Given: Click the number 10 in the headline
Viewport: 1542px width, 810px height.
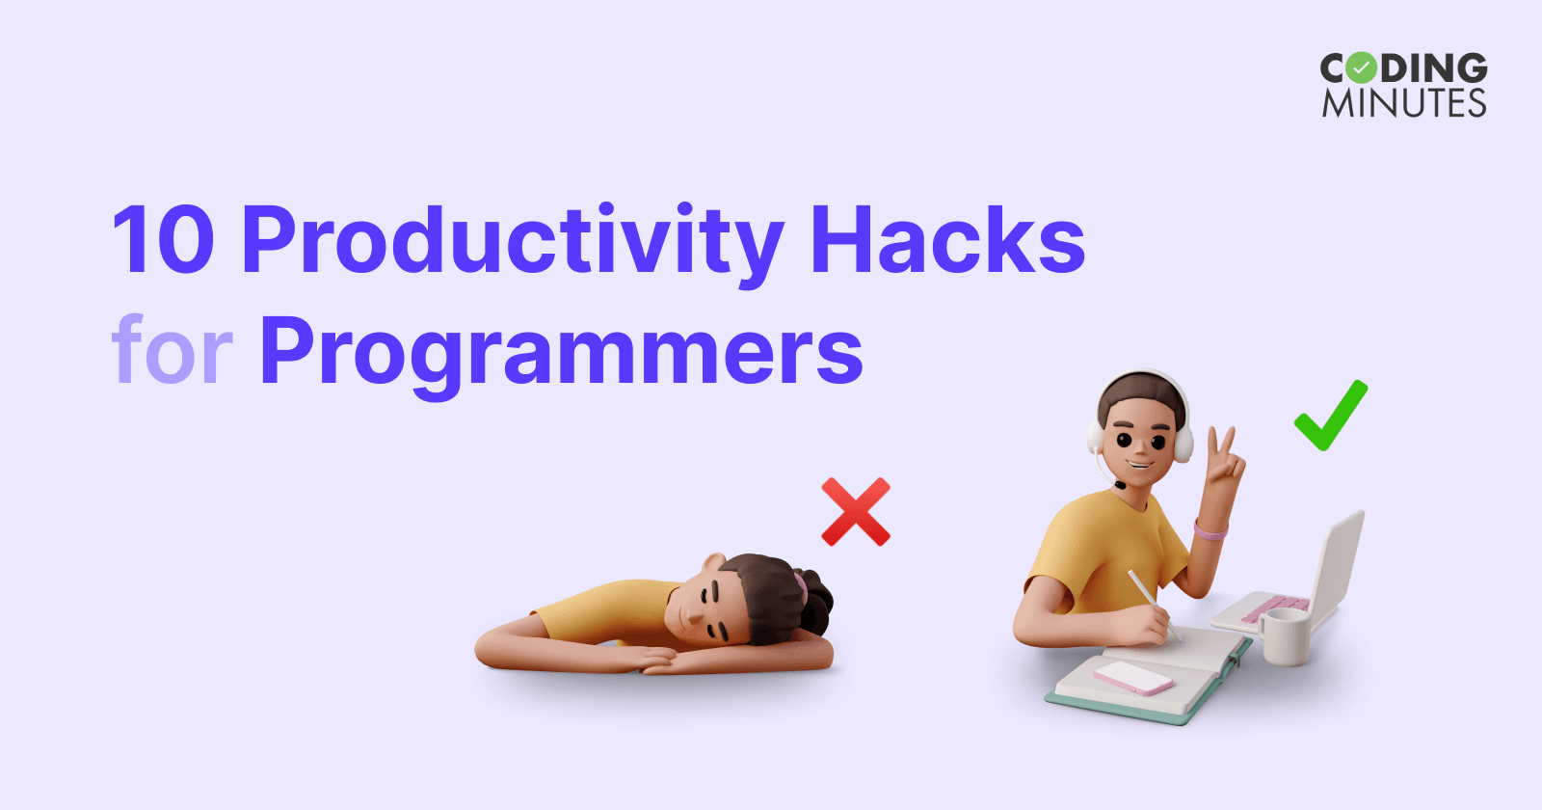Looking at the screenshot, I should [x=163, y=241].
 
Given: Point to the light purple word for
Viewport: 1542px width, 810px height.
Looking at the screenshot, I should [x=172, y=349].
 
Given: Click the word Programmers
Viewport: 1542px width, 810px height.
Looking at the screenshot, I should [x=561, y=351].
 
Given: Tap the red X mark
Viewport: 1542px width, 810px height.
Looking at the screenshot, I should [x=855, y=511].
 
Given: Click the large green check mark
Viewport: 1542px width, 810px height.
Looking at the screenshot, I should [x=1331, y=415].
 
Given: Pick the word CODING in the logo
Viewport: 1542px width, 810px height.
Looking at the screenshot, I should [x=1403, y=68].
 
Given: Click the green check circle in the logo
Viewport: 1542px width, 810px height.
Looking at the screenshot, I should [x=1361, y=68].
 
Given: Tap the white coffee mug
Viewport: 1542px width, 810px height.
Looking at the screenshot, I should [x=1286, y=635].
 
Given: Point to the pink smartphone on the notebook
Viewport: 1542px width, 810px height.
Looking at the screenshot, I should [x=1134, y=677].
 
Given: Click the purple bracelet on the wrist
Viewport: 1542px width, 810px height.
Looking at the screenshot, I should [x=1210, y=530].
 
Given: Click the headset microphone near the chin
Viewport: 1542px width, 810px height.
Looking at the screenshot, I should [x=1120, y=485].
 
